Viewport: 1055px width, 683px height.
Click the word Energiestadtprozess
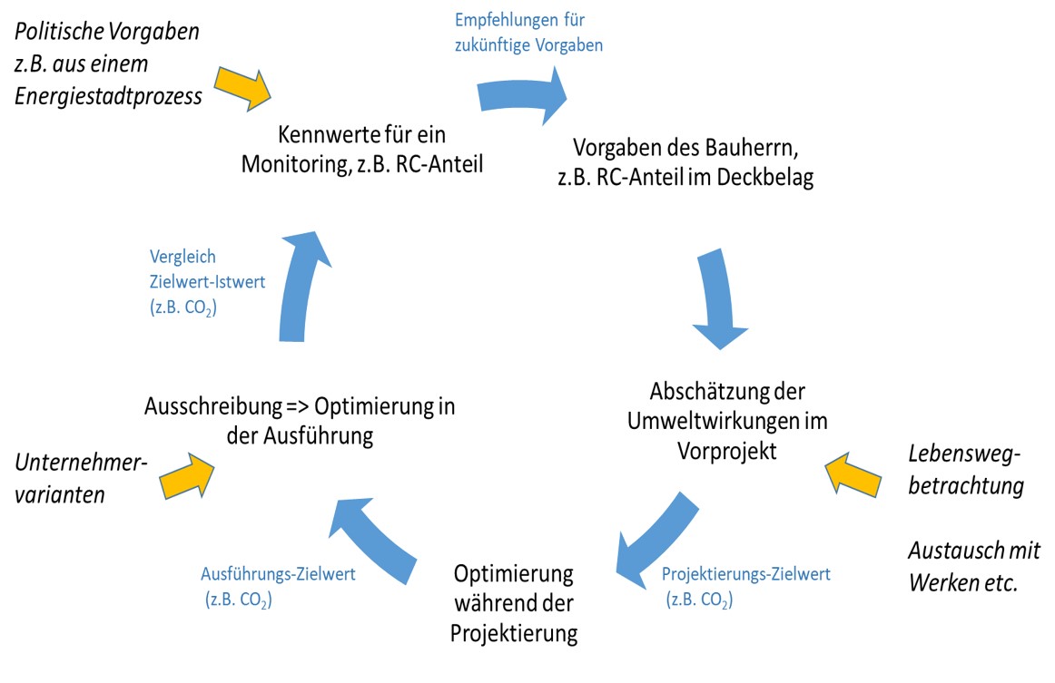[x=109, y=96]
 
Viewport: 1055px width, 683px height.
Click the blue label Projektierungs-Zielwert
[x=745, y=574]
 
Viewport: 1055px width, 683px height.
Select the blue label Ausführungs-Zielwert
[x=278, y=573]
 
